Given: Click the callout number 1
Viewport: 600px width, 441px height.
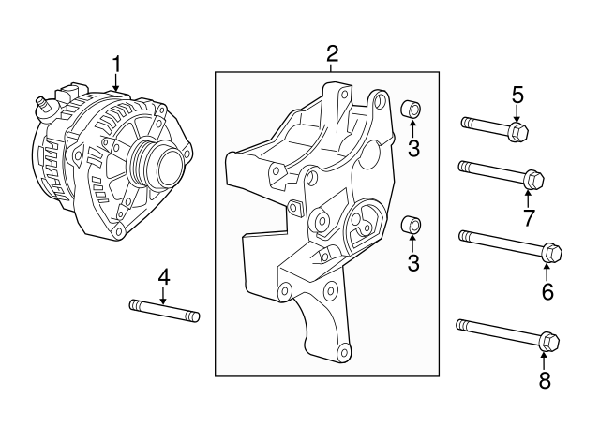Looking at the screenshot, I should [x=116, y=64].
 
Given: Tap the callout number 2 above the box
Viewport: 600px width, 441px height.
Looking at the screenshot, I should [x=332, y=53].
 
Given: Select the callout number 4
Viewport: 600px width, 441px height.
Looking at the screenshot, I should [x=163, y=277].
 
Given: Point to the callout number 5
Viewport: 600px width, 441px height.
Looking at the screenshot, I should [x=517, y=94].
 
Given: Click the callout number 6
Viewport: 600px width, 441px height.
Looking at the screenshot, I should [x=547, y=291].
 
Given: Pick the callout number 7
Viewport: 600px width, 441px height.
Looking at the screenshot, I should [x=529, y=218].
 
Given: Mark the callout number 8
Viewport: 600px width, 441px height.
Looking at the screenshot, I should [x=545, y=380].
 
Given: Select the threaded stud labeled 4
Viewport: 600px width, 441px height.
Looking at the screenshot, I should [x=164, y=310].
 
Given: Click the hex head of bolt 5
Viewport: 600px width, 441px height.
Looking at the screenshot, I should [x=517, y=131].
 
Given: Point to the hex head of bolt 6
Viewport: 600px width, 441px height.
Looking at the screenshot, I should [x=552, y=252].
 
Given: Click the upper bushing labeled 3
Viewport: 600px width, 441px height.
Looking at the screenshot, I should [x=411, y=110].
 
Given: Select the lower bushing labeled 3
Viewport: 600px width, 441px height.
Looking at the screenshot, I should [x=411, y=225].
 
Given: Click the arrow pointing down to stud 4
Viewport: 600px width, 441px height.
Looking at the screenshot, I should [x=163, y=295].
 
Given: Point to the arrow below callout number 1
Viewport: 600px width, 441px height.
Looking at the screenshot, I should [x=116, y=82].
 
